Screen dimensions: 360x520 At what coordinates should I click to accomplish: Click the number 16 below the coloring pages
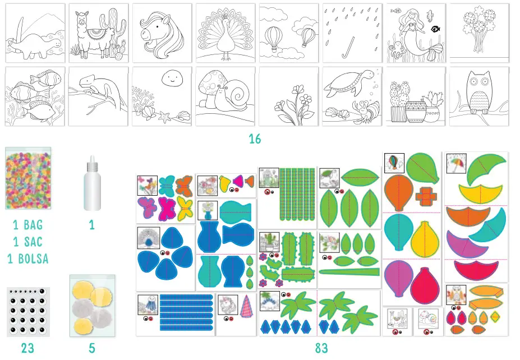tap(255, 139)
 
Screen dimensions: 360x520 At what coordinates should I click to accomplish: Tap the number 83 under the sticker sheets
tap(321, 348)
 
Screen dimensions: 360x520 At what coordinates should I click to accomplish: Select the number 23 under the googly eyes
tap(27, 348)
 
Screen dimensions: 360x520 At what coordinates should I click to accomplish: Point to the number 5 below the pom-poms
tap(92, 348)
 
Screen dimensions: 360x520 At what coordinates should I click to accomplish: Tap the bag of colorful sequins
tap(27, 178)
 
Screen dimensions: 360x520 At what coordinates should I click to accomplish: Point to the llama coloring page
tap(99, 34)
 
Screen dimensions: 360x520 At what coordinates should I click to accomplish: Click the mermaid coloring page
tap(415, 34)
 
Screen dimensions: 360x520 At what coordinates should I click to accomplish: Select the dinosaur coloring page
tap(35, 34)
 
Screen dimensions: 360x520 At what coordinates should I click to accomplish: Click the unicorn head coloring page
tap(162, 34)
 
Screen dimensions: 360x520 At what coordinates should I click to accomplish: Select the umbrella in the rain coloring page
tap(352, 34)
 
